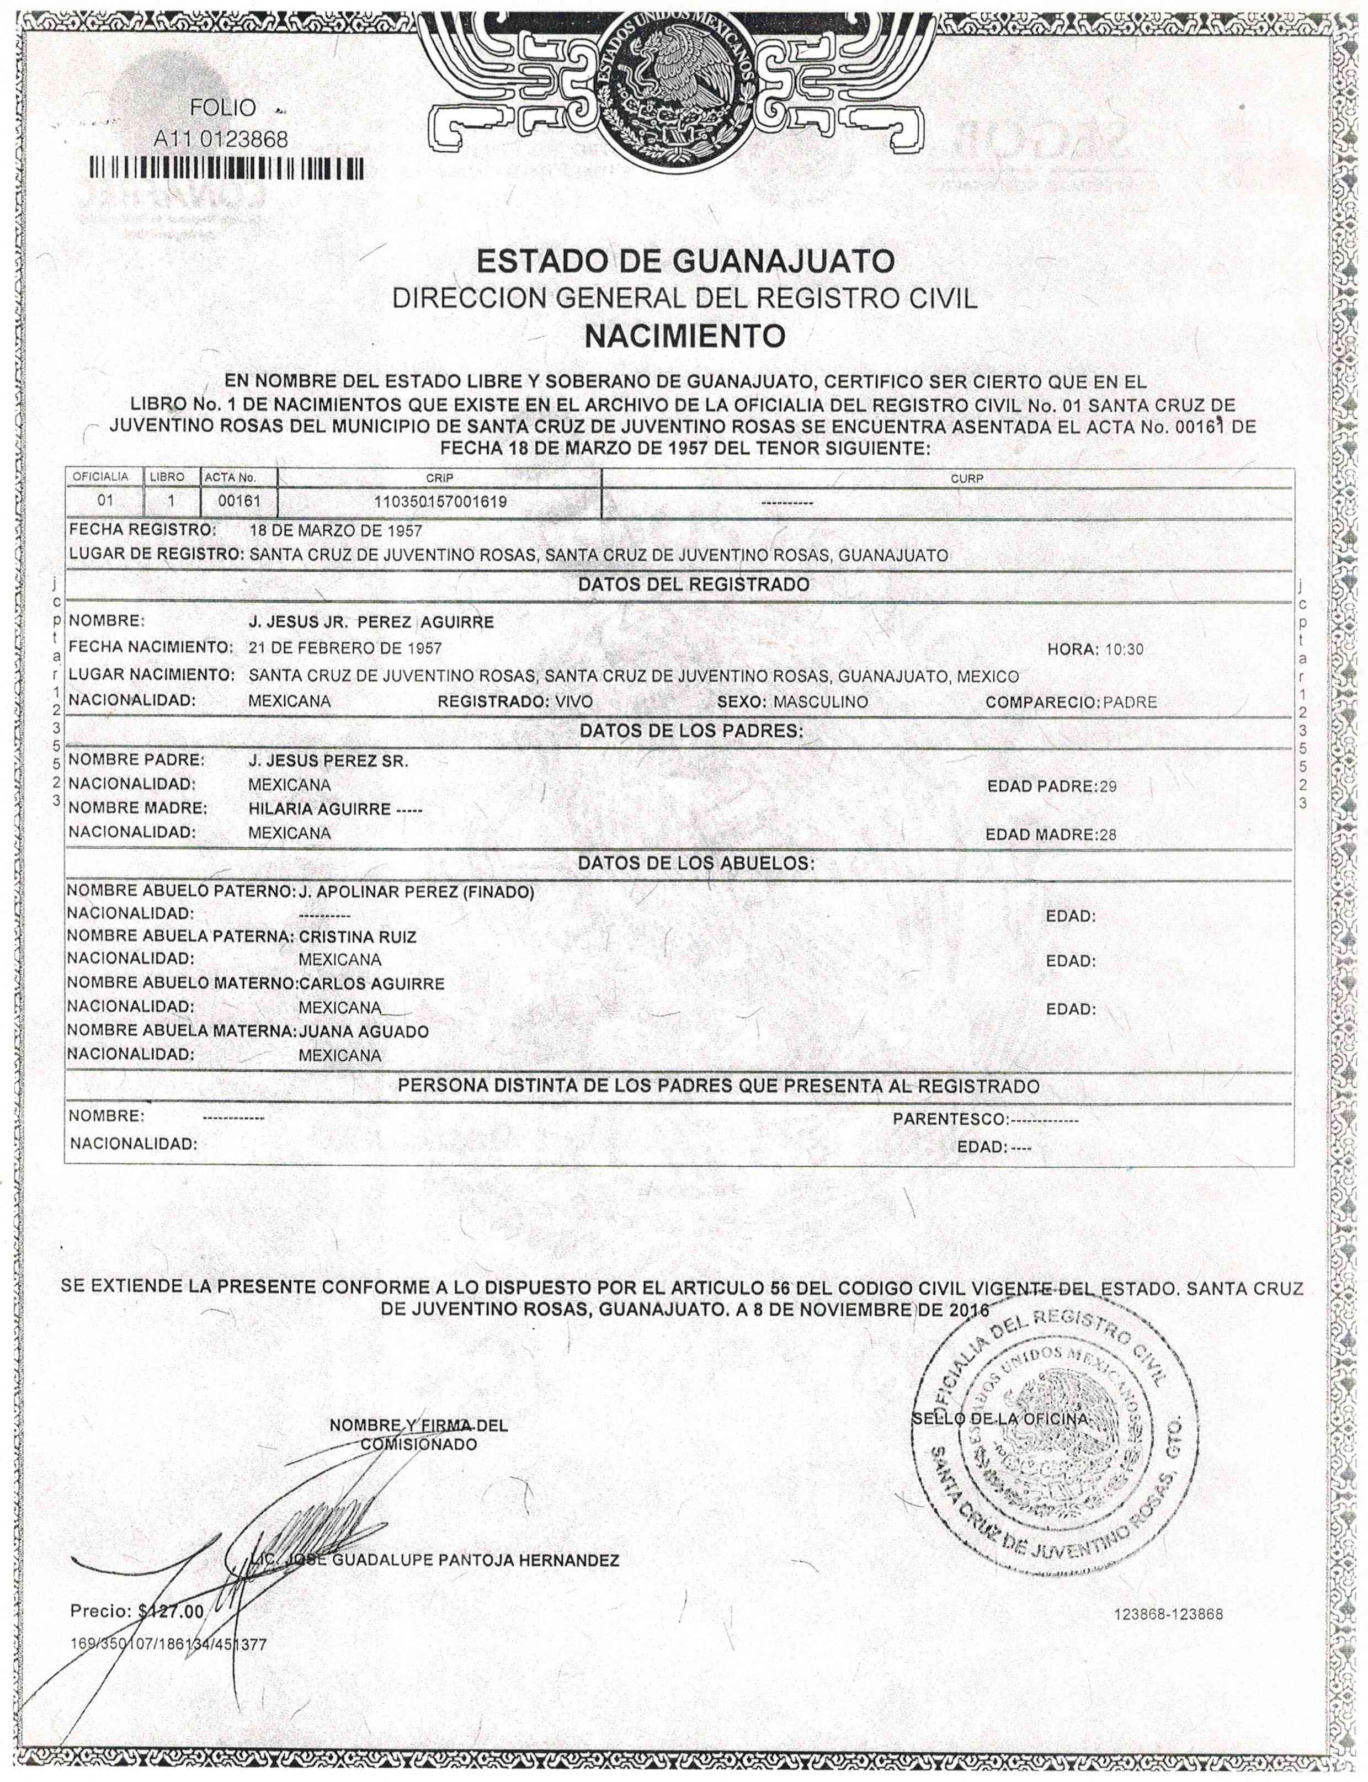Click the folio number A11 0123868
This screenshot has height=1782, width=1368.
[221, 139]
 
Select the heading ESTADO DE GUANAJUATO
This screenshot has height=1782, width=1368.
[685, 262]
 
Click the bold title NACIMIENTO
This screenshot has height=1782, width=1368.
[685, 335]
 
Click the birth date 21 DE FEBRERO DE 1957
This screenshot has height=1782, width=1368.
[345, 648]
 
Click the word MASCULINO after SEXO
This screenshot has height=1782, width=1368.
[821, 701]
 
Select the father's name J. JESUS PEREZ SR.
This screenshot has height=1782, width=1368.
[327, 762]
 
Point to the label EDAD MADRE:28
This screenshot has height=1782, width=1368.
[1051, 835]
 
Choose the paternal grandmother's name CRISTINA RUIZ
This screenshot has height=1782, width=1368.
[358, 938]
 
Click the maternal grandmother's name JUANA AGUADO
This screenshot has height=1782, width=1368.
[364, 1032]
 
